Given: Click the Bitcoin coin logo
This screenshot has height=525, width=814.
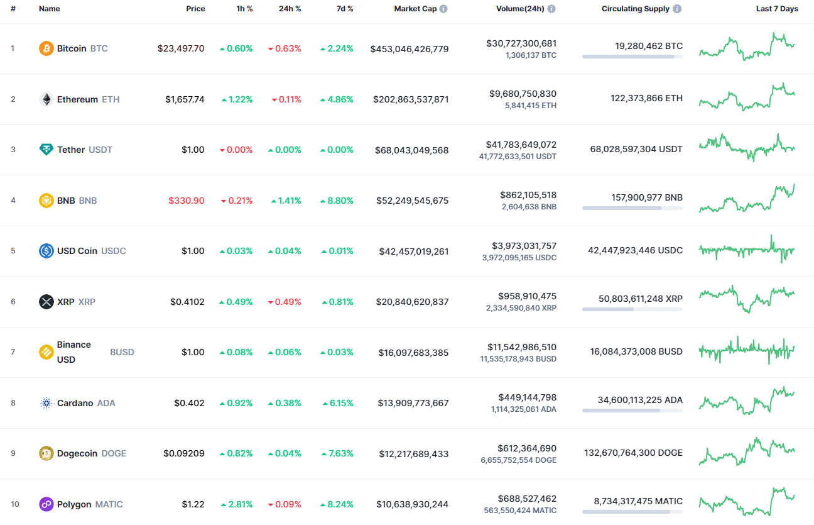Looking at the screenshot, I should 46,48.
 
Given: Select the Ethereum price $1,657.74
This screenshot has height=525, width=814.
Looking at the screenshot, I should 185,99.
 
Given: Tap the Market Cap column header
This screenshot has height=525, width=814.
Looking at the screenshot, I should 415,9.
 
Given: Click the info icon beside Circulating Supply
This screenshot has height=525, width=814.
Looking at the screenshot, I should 676,9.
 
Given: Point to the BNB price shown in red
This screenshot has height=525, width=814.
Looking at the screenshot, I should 187,201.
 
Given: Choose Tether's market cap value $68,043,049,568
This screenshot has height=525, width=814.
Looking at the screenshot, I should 411,150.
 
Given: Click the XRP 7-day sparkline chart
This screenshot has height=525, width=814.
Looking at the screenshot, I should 747,299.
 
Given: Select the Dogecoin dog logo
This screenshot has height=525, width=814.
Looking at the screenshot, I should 46,453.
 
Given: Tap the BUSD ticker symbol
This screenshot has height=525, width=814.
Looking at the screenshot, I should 122,352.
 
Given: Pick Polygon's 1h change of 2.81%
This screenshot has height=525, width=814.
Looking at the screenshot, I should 236,504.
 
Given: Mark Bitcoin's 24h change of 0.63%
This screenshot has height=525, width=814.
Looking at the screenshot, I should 285,48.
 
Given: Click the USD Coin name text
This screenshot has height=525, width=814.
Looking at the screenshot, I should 77,251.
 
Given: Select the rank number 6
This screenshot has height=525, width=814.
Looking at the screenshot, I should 13,302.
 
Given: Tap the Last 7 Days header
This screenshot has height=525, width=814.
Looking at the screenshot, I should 777,9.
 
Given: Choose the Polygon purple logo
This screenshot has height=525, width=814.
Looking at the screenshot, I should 46,504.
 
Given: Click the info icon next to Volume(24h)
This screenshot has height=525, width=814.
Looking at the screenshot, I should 551,9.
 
